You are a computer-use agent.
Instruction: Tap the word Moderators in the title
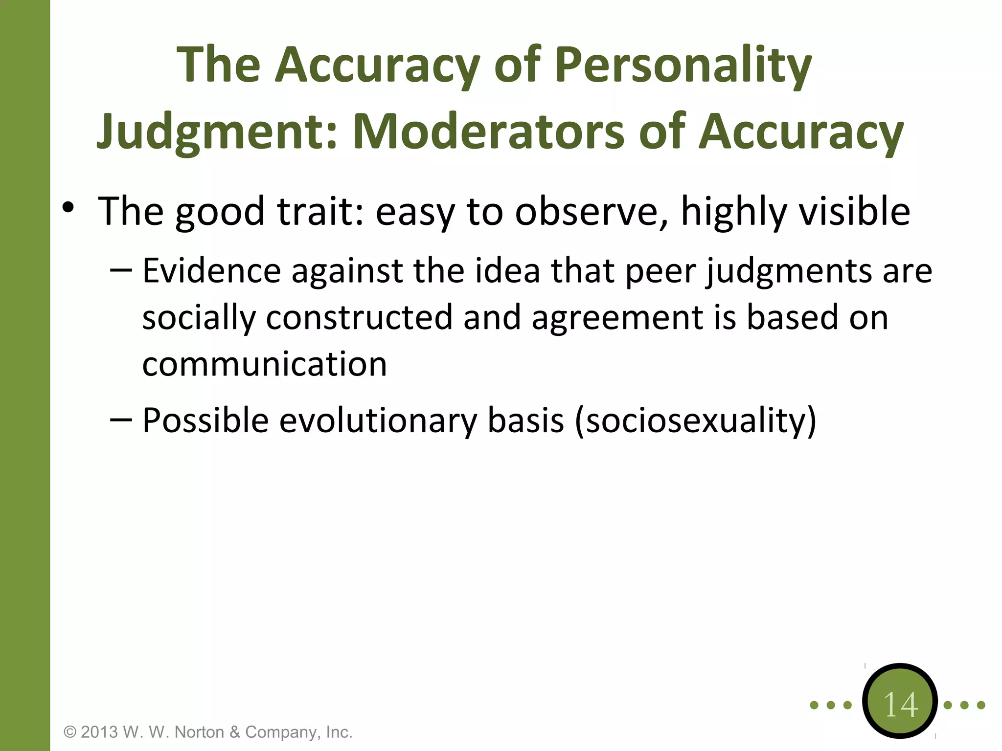click(488, 131)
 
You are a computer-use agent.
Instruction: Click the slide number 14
click(900, 705)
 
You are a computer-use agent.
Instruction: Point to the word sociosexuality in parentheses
click(695, 420)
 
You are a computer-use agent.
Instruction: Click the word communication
click(264, 364)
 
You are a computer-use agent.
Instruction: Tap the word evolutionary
click(378, 420)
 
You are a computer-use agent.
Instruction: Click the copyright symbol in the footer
click(70, 732)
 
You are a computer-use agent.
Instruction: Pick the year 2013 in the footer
click(99, 732)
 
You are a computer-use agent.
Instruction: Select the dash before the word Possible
click(121, 419)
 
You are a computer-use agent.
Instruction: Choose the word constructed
click(359, 318)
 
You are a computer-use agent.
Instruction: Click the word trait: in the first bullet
click(320, 211)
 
